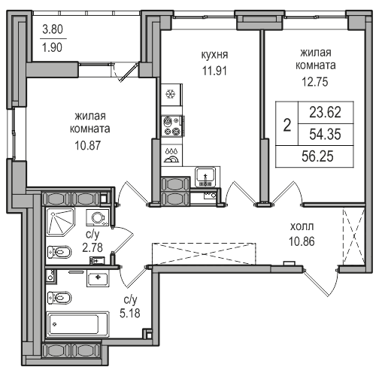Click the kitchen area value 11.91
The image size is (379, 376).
click(x=214, y=71)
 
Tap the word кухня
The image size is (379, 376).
click(x=214, y=55)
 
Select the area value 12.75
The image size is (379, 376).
click(x=315, y=82)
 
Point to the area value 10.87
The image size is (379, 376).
click(x=88, y=145)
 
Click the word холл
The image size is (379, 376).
click(x=302, y=226)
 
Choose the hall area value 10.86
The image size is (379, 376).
click(x=302, y=241)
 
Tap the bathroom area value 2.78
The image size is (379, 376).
click(x=92, y=247)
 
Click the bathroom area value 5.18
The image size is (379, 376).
click(x=130, y=313)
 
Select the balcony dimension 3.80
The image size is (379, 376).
click(x=53, y=29)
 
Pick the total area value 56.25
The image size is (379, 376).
click(x=317, y=156)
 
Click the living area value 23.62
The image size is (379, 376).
click(x=325, y=112)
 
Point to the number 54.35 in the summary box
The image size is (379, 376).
click(x=325, y=134)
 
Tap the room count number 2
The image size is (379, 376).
click(x=287, y=125)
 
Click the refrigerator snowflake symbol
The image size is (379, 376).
click(x=171, y=94)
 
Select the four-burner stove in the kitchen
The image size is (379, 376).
click(x=172, y=126)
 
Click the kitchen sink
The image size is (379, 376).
click(x=205, y=177)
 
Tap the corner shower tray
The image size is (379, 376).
click(x=61, y=222)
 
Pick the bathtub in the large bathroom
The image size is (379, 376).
click(x=77, y=325)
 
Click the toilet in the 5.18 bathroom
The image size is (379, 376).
click(x=59, y=298)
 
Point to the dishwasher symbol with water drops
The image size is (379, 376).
click(x=171, y=156)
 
